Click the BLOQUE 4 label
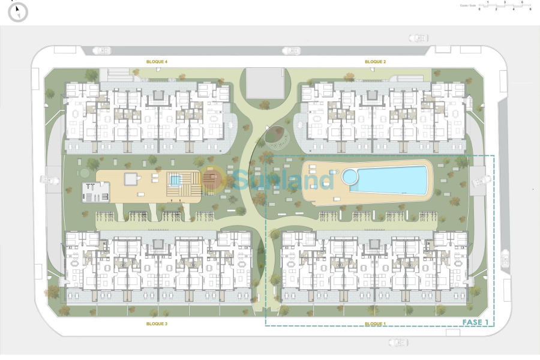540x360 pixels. coord(157,62)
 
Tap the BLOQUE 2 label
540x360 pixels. coord(375,62)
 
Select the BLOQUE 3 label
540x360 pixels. coord(157,324)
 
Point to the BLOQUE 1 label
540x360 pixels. coord(375,324)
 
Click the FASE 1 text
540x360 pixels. coord(475,322)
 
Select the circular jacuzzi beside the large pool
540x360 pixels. coord(349,176)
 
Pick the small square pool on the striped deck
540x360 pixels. coord(175,179)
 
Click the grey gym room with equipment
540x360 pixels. coord(96,191)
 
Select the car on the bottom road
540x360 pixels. coord(398,342)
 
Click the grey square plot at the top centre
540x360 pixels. coord(265,83)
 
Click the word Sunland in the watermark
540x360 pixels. coord(282,179)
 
